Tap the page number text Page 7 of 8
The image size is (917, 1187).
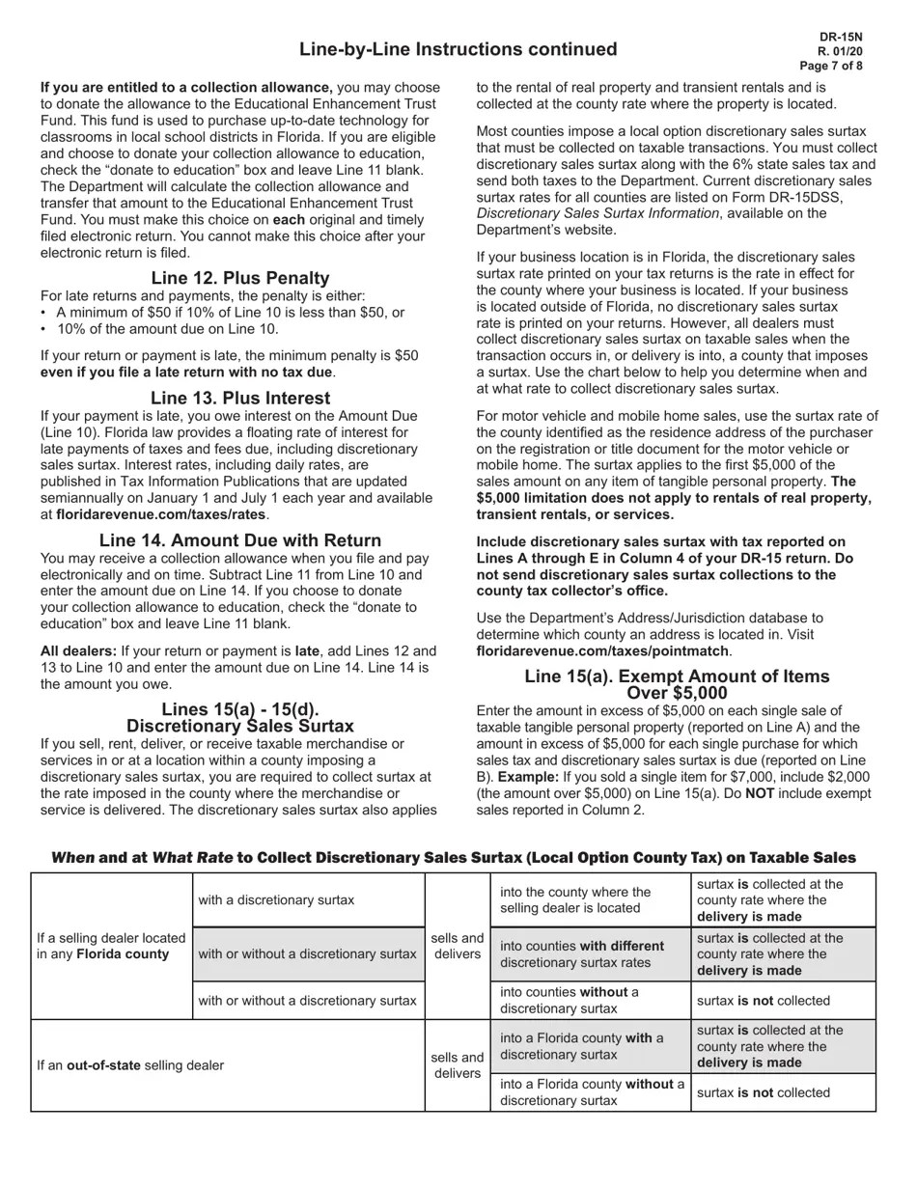831,66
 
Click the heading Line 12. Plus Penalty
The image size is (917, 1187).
239,278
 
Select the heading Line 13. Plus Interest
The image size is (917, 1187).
239,398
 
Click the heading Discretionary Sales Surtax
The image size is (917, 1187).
239,726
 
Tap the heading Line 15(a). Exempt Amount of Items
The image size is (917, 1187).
676,676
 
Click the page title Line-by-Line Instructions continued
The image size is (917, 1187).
458,49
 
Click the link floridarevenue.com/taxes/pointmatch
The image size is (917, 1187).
602,651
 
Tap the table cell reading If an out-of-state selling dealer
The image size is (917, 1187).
130,1065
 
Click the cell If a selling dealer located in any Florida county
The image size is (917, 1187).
111,946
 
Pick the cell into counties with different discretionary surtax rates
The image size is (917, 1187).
582,953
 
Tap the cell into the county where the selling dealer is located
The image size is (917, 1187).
575,899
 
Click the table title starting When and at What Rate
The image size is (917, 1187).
453,857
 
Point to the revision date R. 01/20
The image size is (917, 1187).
840,51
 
